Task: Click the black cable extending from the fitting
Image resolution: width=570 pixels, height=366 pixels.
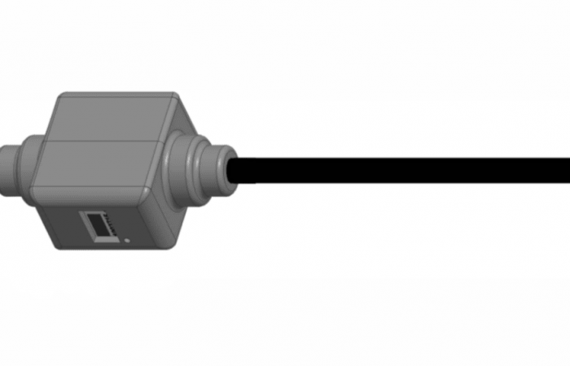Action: tap(407, 170)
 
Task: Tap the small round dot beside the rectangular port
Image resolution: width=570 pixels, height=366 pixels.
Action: tap(128, 241)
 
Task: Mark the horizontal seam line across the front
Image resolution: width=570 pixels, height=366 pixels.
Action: tap(98, 143)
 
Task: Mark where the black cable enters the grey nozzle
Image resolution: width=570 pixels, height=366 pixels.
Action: tap(235, 171)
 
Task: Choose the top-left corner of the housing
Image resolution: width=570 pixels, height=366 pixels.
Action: tap(59, 98)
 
